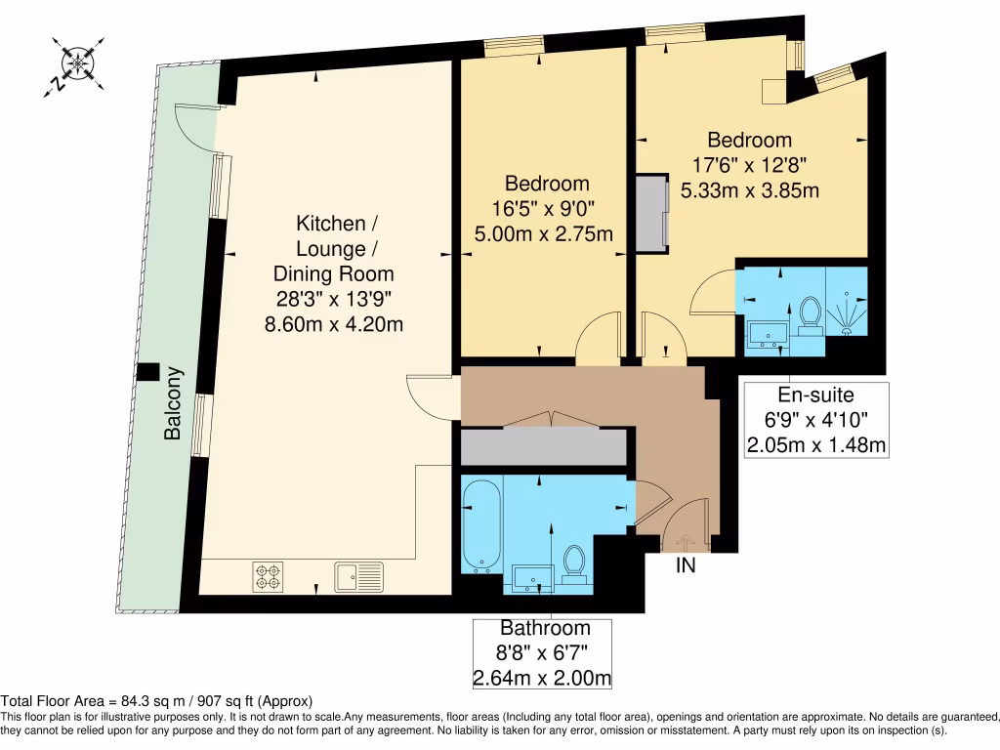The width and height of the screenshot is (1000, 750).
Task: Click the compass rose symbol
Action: click(75, 63)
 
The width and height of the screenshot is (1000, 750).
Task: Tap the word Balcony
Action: click(174, 402)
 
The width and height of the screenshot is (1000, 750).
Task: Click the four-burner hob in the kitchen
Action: click(268, 576)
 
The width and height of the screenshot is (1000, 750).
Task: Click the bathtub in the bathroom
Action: click(481, 524)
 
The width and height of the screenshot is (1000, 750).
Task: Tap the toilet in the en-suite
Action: click(809, 314)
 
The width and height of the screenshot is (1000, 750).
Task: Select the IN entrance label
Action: click(686, 565)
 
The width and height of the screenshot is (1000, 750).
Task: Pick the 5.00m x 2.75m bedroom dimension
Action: click(543, 233)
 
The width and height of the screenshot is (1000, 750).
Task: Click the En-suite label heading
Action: click(815, 396)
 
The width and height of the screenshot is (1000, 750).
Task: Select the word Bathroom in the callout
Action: click(545, 629)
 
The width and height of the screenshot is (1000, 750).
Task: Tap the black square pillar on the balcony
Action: click(148, 372)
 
